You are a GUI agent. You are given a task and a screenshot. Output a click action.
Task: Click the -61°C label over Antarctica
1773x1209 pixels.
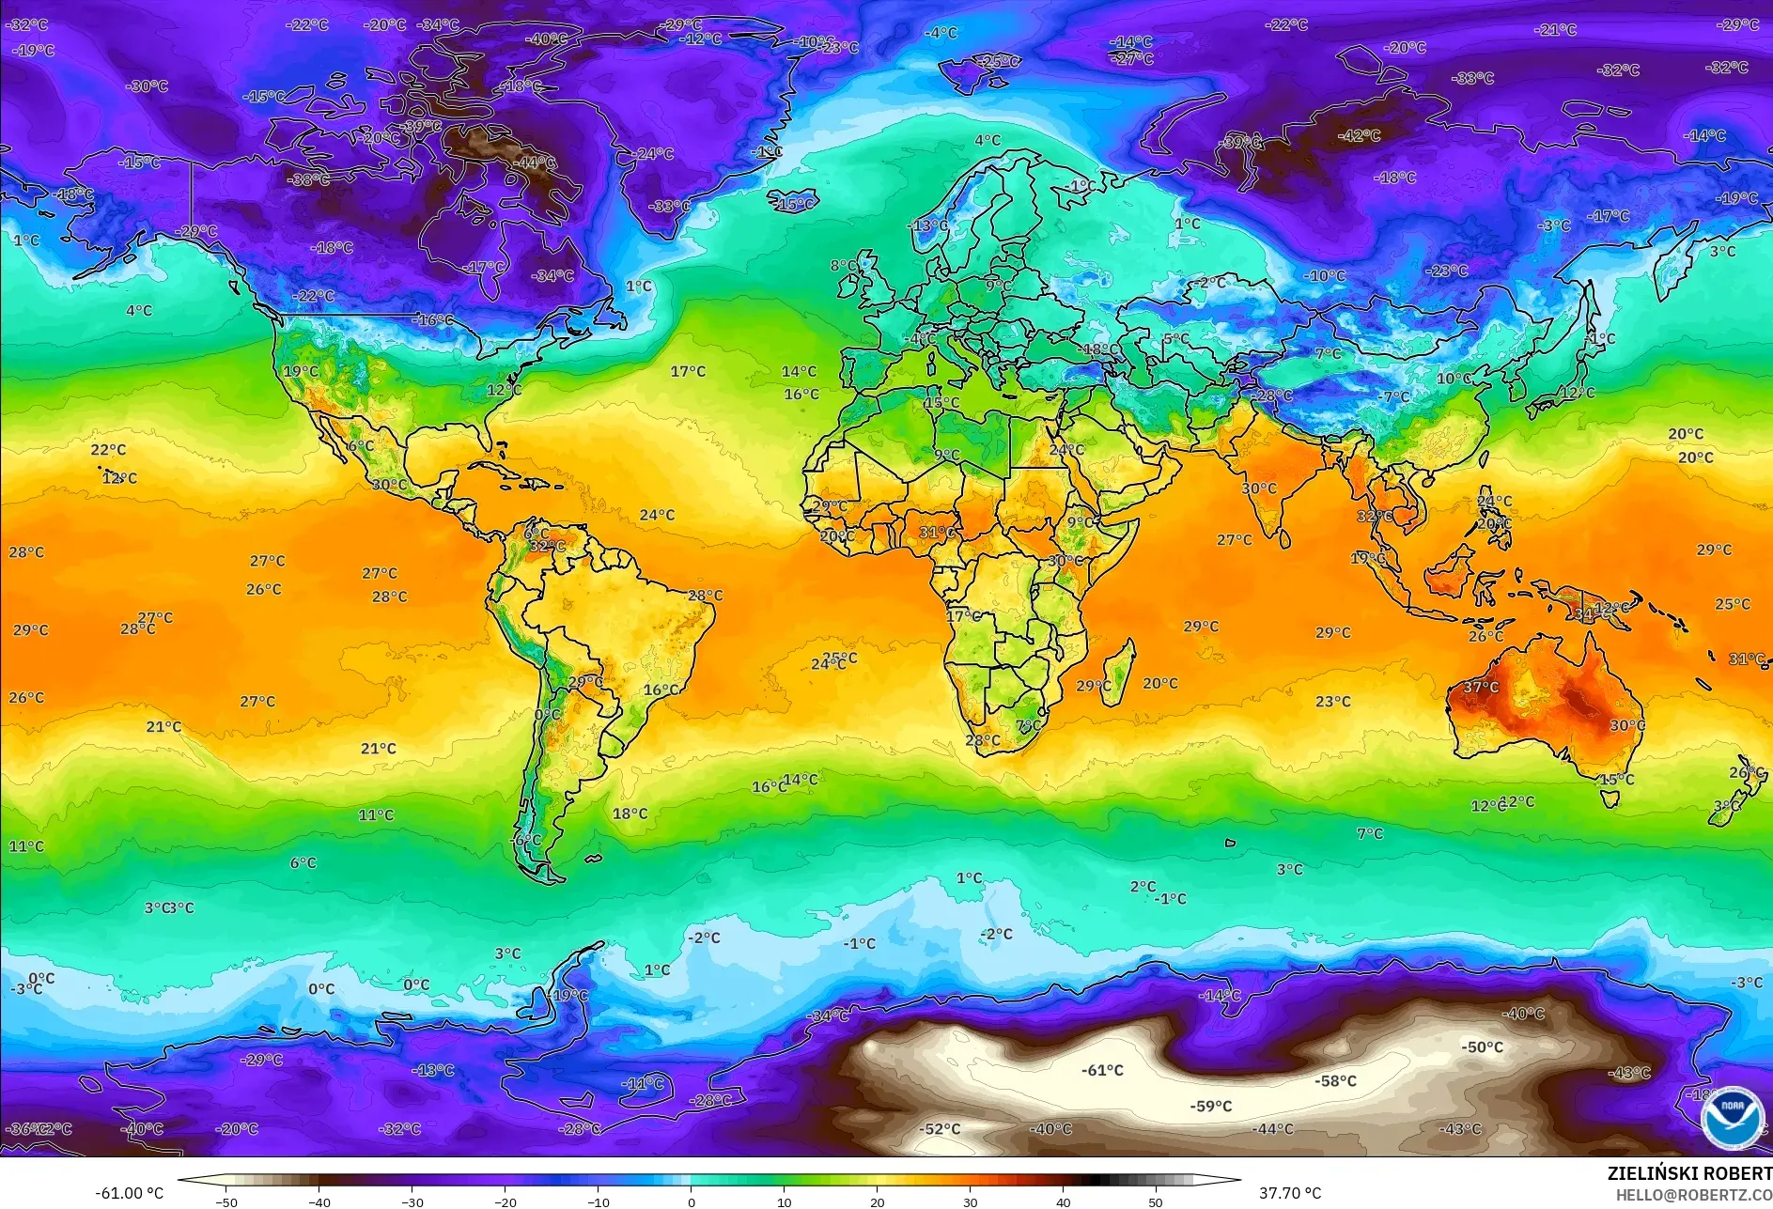click(x=1102, y=1070)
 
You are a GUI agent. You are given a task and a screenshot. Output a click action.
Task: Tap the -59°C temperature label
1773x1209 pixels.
click(x=1210, y=1106)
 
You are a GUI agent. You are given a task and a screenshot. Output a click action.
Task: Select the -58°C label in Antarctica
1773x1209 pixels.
click(x=1335, y=1081)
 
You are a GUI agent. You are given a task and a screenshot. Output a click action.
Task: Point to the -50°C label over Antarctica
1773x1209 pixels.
click(x=1482, y=1046)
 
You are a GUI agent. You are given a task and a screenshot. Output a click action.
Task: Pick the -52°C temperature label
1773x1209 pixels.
click(x=940, y=1128)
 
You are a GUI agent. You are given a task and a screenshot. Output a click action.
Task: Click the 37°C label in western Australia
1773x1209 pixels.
click(x=1481, y=687)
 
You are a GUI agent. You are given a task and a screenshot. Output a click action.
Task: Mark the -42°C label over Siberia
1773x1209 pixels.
click(x=1359, y=135)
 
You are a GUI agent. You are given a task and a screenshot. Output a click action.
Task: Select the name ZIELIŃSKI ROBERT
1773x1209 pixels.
click(x=1688, y=1173)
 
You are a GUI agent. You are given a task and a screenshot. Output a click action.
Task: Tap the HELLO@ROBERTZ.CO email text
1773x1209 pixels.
click(x=1693, y=1194)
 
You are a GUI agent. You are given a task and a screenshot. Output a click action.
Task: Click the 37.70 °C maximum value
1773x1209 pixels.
click(x=1289, y=1193)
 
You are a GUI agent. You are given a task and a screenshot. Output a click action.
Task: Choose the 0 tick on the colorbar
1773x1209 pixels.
click(x=692, y=1201)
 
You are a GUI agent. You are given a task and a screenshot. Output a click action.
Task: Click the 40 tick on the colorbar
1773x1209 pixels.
click(x=1063, y=1201)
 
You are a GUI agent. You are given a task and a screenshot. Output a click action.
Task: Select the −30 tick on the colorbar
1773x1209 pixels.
click(x=412, y=1201)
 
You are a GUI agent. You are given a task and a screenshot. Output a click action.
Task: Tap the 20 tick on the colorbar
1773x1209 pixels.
click(x=877, y=1201)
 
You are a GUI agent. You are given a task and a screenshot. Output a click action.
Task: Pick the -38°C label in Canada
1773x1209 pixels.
click(x=308, y=179)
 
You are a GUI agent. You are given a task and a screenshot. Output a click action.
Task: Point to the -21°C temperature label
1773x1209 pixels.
click(x=1555, y=30)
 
